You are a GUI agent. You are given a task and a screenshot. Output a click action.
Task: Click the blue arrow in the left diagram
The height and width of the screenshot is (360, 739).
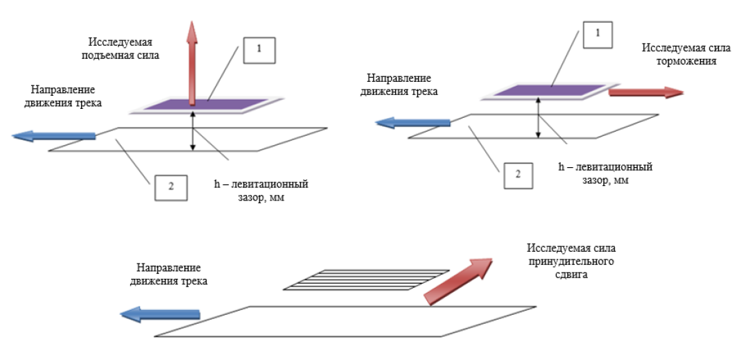[x=54, y=135]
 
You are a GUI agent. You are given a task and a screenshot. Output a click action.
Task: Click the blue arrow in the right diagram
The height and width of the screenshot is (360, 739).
[x=412, y=123]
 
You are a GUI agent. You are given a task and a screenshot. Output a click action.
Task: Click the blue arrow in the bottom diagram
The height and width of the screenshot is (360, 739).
[x=160, y=315]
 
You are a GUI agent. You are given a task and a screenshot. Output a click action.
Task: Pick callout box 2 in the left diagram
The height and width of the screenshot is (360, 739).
[x=170, y=185]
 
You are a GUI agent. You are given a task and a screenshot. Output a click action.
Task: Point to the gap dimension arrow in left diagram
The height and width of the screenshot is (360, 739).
[x=193, y=132]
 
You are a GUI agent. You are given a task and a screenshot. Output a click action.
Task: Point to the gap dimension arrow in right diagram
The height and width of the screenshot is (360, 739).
[x=538, y=119]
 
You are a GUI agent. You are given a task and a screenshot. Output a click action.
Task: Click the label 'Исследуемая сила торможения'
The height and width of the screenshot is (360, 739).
[x=679, y=54]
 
